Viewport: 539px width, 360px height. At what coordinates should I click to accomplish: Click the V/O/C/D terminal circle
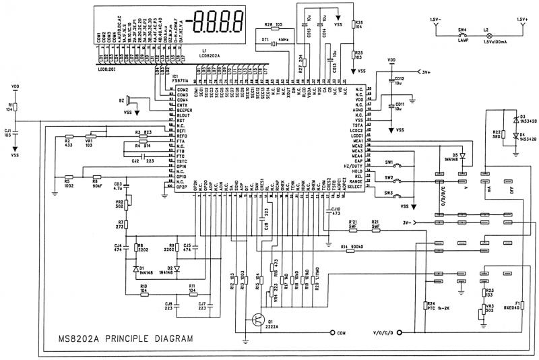[400, 333]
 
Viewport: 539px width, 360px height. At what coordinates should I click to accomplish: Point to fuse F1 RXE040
[522, 306]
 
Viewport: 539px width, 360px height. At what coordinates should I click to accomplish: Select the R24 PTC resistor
[424, 306]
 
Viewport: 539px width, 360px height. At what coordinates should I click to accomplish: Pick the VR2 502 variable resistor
[128, 203]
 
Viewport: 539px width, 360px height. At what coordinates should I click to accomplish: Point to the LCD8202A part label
[212, 55]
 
